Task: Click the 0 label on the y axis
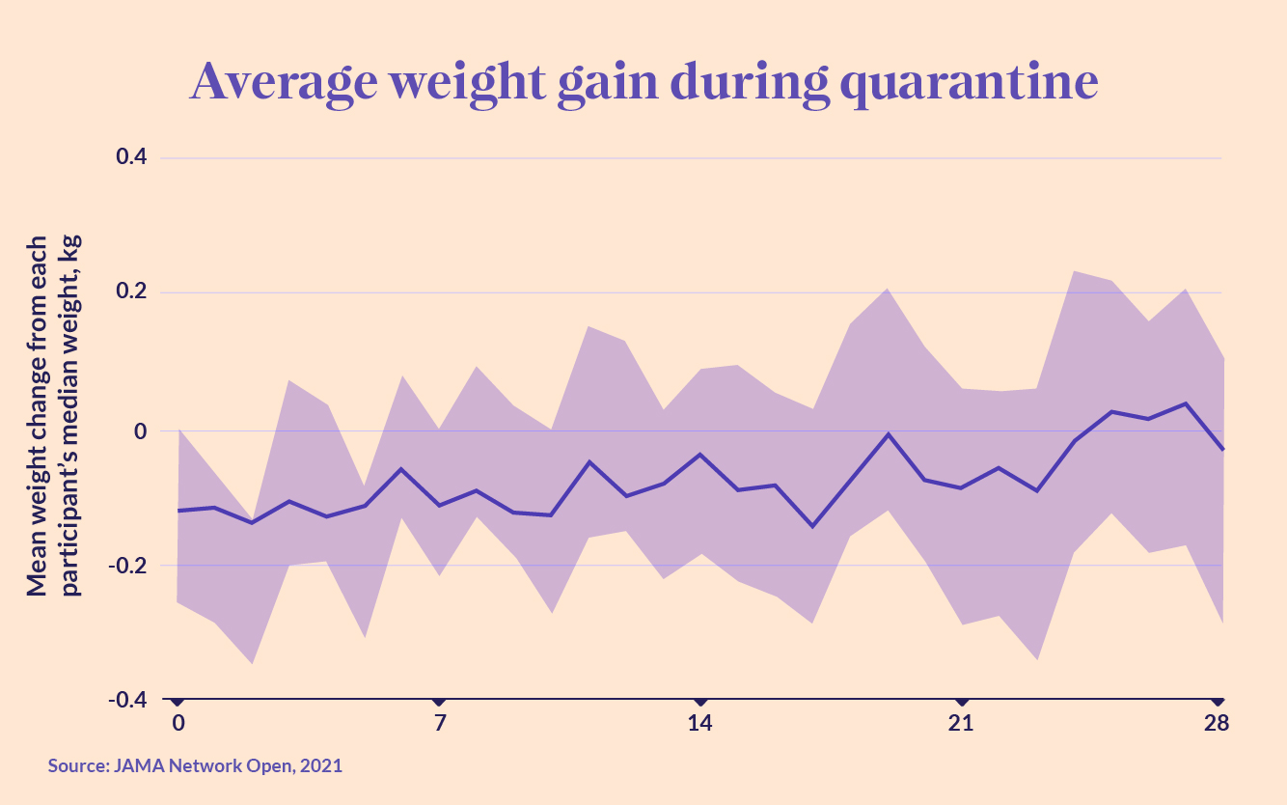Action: tap(139, 430)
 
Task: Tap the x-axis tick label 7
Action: tap(440, 724)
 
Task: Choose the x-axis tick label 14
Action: tap(700, 724)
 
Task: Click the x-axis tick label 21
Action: tap(961, 724)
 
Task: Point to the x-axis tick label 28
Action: tap(1217, 724)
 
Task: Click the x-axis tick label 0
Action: tap(178, 724)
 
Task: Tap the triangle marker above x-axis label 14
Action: tap(700, 701)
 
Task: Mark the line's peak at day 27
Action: tap(1185, 403)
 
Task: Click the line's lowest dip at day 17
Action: tap(812, 526)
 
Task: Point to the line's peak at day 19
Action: tap(887, 434)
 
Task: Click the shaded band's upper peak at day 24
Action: tap(1074, 271)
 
